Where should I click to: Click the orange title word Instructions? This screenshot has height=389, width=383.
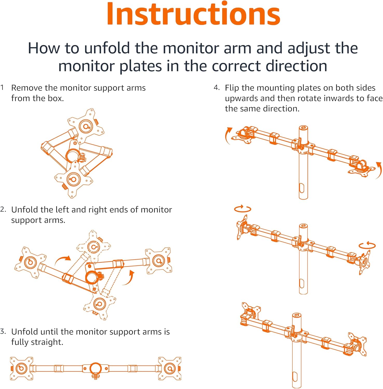tap(193, 14)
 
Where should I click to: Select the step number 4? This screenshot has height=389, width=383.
tap(216, 88)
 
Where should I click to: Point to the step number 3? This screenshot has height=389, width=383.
tap(3, 331)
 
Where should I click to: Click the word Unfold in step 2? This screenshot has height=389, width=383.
tap(25, 210)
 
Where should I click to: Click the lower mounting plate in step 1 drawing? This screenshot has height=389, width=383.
tap(73, 179)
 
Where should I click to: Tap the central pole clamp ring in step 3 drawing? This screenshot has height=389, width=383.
tap(95, 368)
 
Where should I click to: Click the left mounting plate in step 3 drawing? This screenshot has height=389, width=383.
tap(22, 368)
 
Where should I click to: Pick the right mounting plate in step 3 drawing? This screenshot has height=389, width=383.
tap(170, 368)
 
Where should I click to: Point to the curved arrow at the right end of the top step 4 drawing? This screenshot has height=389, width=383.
tap(379, 170)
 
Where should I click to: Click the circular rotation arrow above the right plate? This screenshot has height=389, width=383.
tap(367, 245)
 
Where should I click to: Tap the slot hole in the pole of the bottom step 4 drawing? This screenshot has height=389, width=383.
tap(295, 377)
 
